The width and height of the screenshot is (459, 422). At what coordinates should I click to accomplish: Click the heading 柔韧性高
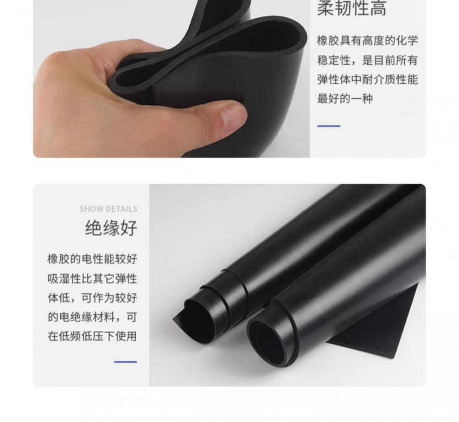352,8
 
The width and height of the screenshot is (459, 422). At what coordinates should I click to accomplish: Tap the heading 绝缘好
111,228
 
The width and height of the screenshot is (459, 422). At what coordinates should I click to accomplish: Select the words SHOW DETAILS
108,209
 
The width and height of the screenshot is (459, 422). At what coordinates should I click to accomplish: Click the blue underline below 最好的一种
329,126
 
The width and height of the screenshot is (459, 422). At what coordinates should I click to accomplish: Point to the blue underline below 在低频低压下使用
126,362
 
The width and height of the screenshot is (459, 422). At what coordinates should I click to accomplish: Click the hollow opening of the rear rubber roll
199,317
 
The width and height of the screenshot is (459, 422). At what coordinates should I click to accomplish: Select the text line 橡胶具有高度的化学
367,41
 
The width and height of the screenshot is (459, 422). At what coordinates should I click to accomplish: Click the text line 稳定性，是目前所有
367,60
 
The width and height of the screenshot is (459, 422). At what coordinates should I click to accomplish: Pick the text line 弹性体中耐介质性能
367,80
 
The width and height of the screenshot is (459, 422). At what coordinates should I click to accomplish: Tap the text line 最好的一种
345,99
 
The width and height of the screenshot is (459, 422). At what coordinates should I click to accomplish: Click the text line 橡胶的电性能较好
92,259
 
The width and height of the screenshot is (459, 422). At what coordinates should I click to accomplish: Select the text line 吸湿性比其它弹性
92,278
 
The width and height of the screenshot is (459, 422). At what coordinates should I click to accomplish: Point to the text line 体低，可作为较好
92,298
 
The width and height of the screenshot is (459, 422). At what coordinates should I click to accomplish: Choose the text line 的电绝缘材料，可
92,317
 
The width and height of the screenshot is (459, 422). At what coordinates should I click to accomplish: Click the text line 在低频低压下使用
92,336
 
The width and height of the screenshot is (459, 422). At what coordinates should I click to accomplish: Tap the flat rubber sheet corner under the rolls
381,334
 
